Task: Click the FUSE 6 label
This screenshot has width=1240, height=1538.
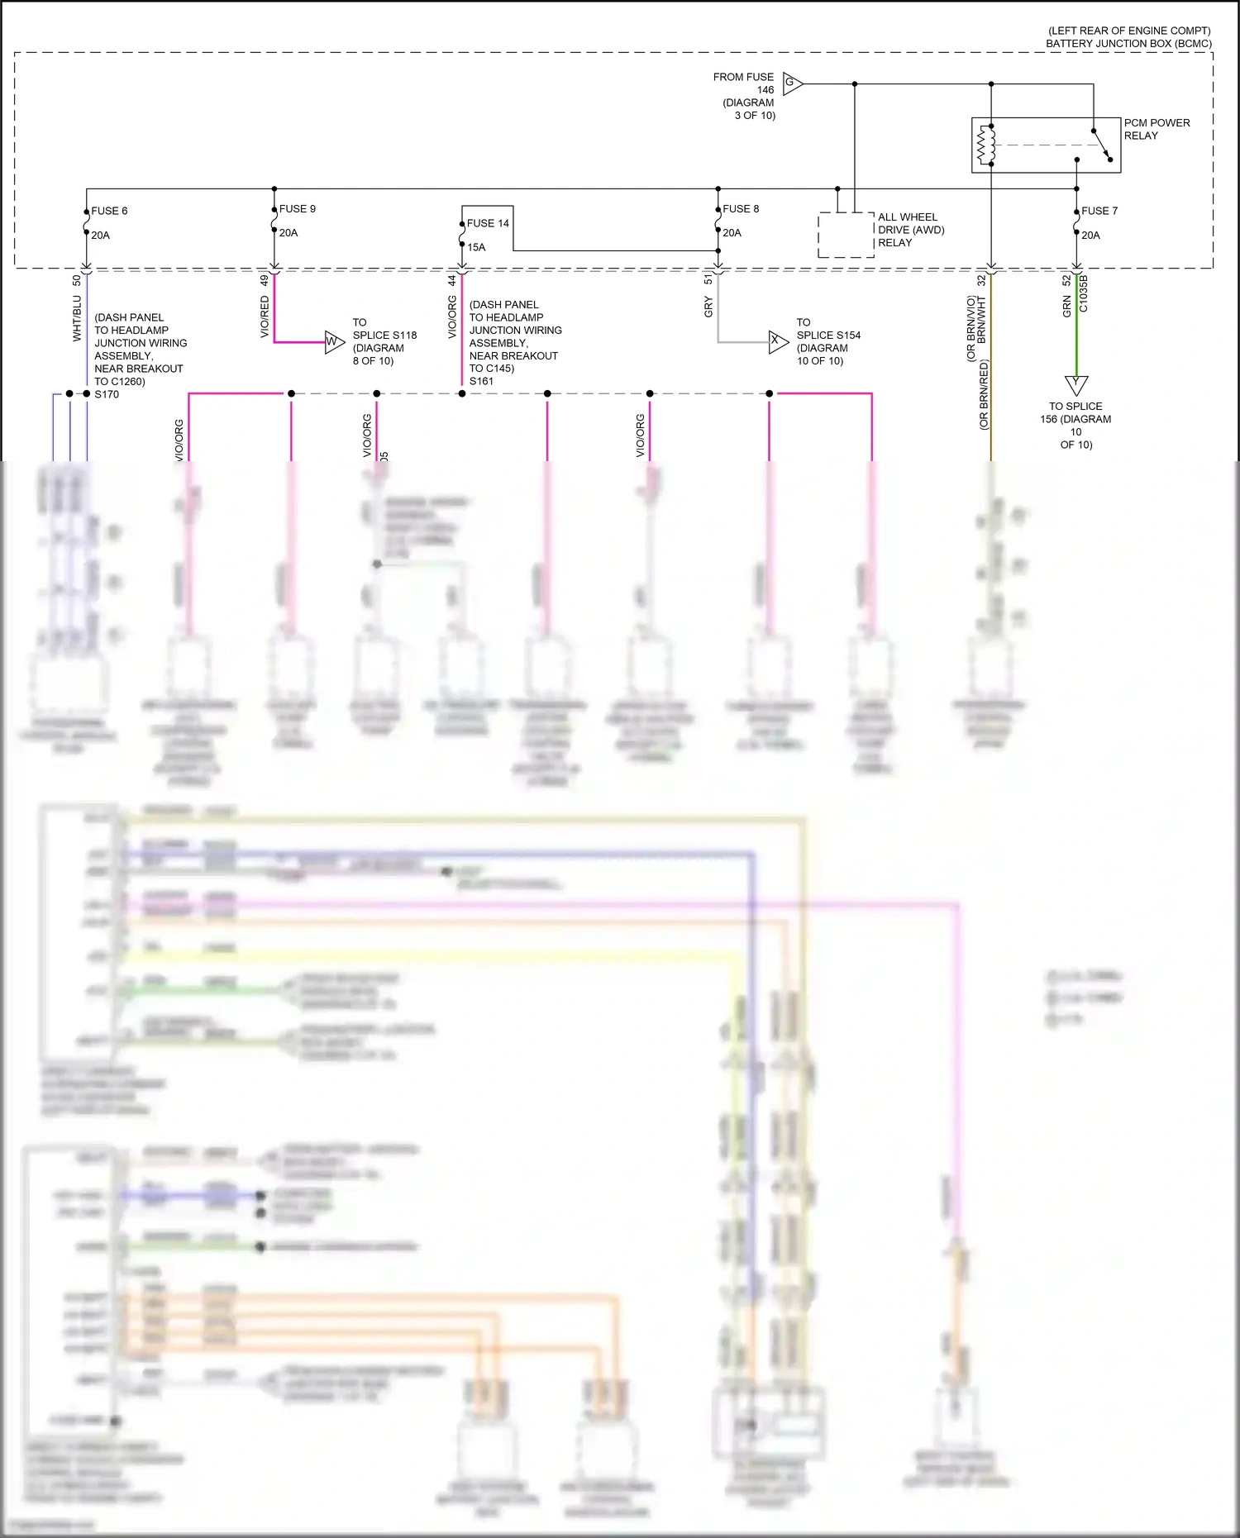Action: click(109, 211)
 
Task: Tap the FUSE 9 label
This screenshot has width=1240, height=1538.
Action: click(297, 209)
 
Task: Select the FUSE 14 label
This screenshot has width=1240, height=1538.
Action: click(488, 223)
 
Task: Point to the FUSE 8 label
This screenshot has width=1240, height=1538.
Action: click(741, 209)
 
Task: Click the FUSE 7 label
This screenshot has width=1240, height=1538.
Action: click(1099, 211)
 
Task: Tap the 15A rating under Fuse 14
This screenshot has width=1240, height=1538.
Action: click(476, 247)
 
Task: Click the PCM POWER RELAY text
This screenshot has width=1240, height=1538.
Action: click(1157, 129)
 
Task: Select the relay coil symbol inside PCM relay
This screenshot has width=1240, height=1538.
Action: click(986, 145)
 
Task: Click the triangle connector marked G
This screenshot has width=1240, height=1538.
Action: click(792, 83)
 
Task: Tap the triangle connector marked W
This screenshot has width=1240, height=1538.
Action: click(333, 341)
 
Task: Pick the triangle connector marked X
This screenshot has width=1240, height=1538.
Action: click(777, 340)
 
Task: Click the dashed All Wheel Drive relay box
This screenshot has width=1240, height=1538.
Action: click(846, 235)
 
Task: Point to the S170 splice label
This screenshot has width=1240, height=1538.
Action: click(107, 394)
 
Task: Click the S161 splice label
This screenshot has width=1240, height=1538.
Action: click(481, 381)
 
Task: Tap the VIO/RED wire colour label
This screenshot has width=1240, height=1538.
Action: click(265, 317)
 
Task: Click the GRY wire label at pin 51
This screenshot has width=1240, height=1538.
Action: click(708, 307)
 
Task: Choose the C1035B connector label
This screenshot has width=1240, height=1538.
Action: click(1084, 293)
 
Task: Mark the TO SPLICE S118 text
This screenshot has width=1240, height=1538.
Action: click(384, 335)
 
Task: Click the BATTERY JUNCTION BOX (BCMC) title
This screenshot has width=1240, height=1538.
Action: click(1128, 44)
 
